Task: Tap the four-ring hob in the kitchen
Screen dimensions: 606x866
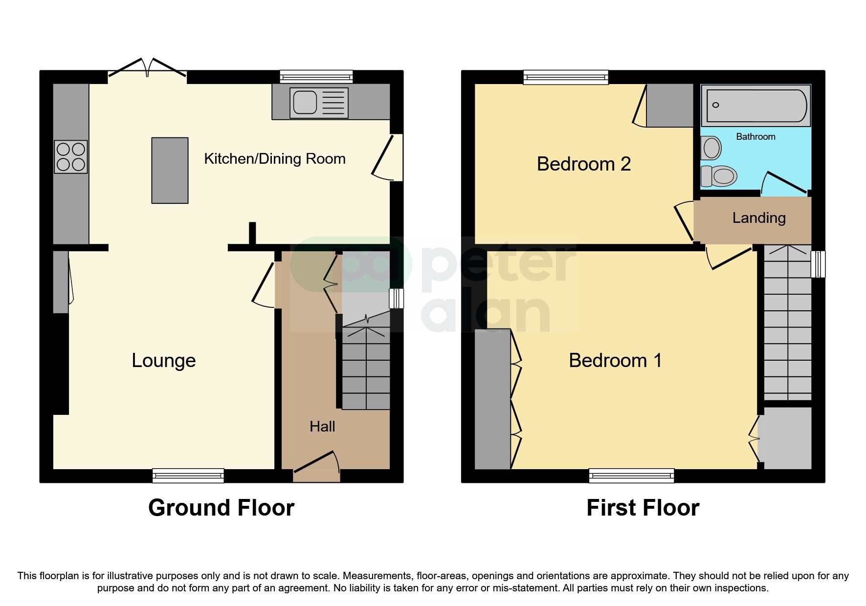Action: pyautogui.click(x=71, y=157)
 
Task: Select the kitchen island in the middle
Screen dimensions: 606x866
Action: pyautogui.click(x=170, y=170)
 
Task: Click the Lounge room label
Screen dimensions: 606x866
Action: pyautogui.click(x=164, y=361)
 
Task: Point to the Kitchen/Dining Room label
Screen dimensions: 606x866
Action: pyautogui.click(x=274, y=159)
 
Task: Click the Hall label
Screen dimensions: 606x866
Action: pyautogui.click(x=322, y=427)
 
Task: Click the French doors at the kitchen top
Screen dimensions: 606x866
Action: pyautogui.click(x=147, y=68)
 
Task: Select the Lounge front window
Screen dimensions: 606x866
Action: pyautogui.click(x=188, y=475)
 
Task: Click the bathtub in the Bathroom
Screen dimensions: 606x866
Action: pyautogui.click(x=756, y=106)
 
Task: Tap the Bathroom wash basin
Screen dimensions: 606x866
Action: pyautogui.click(x=711, y=148)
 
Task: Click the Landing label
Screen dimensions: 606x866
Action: pyautogui.click(x=759, y=218)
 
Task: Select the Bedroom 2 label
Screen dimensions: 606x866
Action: pyautogui.click(x=584, y=164)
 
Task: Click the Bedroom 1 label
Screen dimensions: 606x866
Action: pyautogui.click(x=615, y=361)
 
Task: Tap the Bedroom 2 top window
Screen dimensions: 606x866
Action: pyautogui.click(x=566, y=77)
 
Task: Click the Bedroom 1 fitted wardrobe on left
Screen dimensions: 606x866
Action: pyautogui.click(x=493, y=399)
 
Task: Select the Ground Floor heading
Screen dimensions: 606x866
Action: pyautogui.click(x=221, y=508)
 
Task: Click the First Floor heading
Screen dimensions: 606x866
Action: pyautogui.click(x=643, y=508)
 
